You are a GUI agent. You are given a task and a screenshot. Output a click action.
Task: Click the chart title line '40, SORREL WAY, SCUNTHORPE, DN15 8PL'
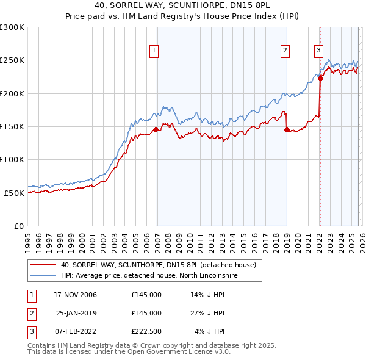[x=182, y=5]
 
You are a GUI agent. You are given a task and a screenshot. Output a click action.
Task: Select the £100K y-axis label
[x=12, y=159]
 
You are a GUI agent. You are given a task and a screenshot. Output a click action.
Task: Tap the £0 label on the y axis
[x=18, y=226]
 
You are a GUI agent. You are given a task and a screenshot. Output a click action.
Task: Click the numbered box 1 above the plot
[x=154, y=51]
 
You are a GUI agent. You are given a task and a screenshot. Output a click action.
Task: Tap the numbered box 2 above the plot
[x=285, y=51]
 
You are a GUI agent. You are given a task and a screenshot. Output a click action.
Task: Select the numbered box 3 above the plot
[x=318, y=51]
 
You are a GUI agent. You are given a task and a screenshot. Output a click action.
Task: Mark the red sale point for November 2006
[x=156, y=129]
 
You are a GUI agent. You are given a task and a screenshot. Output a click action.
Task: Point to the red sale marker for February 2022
[x=320, y=78]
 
